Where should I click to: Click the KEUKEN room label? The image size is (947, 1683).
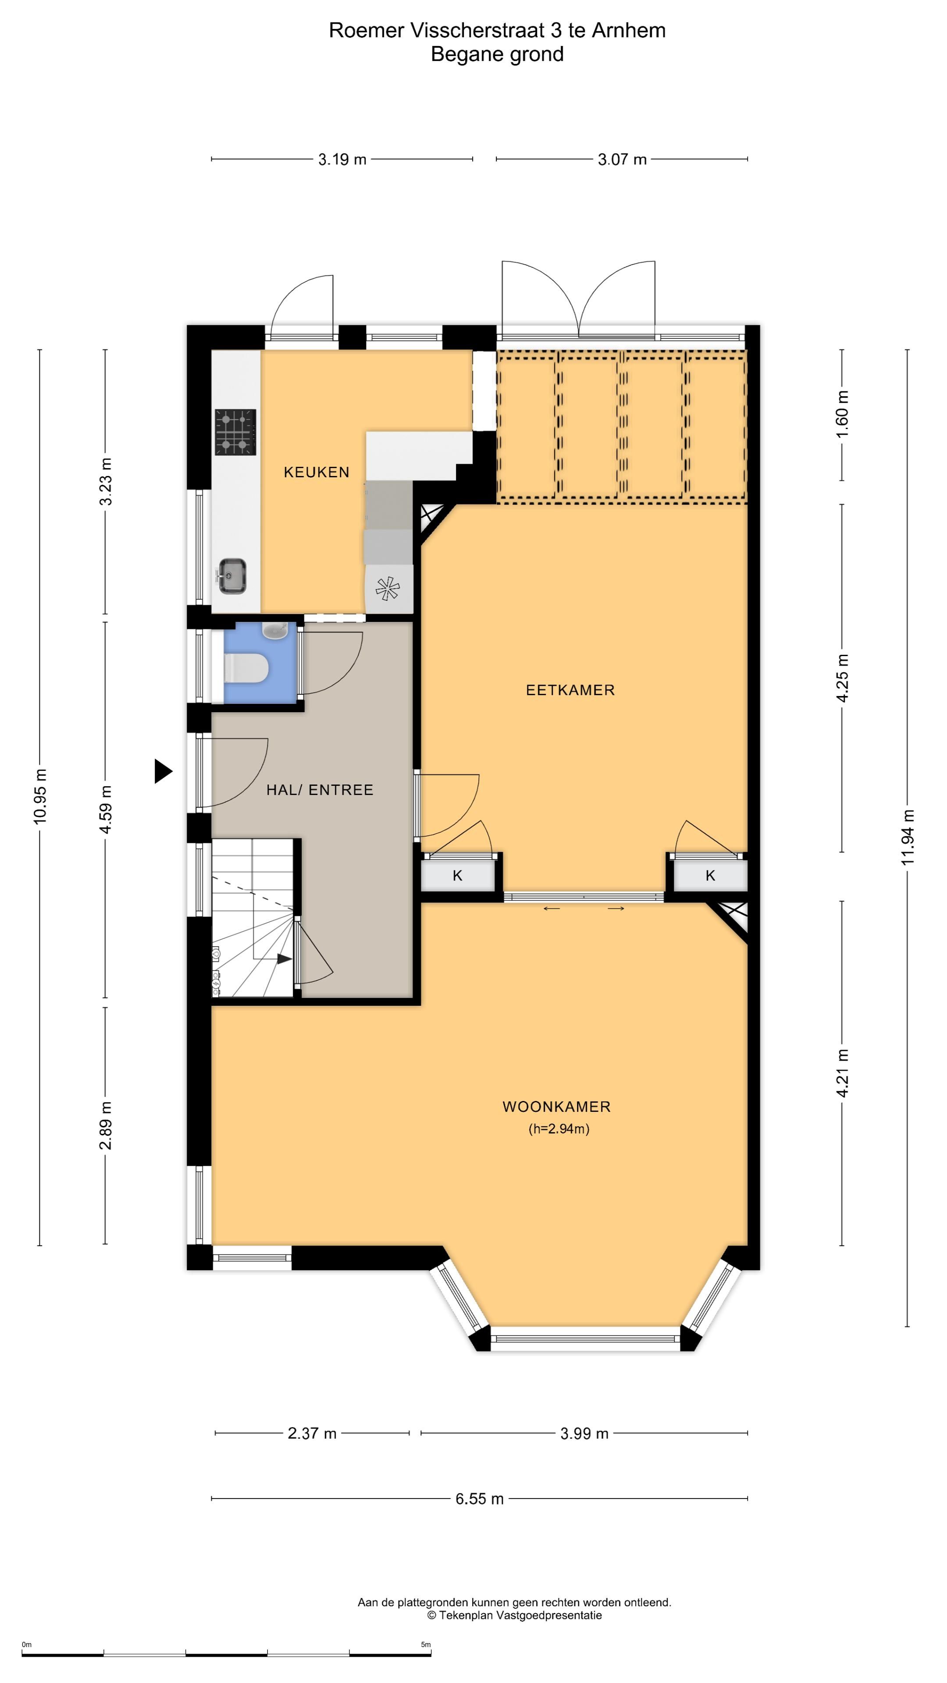pyautogui.click(x=316, y=472)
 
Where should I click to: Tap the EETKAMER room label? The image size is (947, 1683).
pyautogui.click(x=570, y=690)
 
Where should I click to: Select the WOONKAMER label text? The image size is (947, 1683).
pyautogui.click(x=557, y=1107)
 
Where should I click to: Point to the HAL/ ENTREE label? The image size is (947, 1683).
pyautogui.click(x=320, y=790)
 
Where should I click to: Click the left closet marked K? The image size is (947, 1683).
pyautogui.click(x=457, y=876)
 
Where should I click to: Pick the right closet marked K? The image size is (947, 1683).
pyautogui.click(x=710, y=876)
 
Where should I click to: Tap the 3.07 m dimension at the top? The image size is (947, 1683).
pyautogui.click(x=622, y=160)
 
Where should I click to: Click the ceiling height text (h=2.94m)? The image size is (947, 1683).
pyautogui.click(x=559, y=1129)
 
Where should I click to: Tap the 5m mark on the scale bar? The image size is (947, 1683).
pyautogui.click(x=425, y=1644)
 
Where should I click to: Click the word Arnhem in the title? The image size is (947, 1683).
pyautogui.click(x=629, y=31)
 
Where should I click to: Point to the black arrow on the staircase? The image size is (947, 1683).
pyautogui.click(x=284, y=959)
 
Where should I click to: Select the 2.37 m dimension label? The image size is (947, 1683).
pyautogui.click(x=312, y=1434)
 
